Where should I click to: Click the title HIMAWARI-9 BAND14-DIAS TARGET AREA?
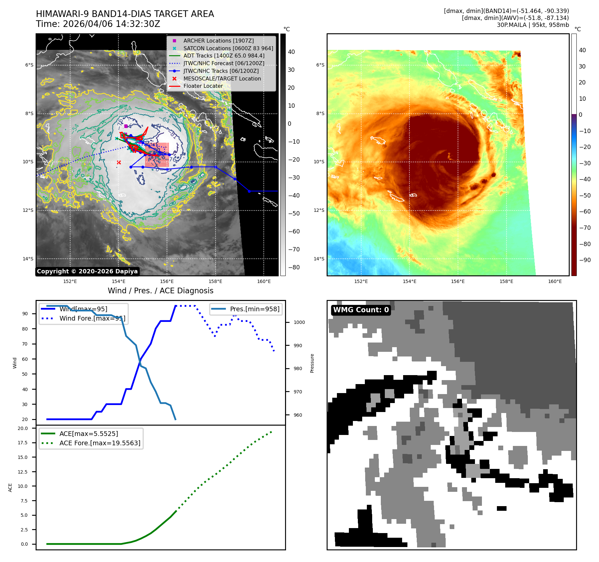(x=125, y=14)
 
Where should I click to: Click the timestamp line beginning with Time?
(x=98, y=24)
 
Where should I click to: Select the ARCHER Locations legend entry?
(x=218, y=41)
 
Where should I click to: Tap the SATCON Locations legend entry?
(x=228, y=48)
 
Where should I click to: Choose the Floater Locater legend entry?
(x=203, y=86)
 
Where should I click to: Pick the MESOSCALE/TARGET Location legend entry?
(x=222, y=78)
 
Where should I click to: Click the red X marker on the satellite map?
(x=119, y=162)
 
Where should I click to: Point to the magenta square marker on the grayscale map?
(x=126, y=126)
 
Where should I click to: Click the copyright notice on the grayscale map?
(x=87, y=271)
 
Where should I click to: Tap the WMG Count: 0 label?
(x=361, y=310)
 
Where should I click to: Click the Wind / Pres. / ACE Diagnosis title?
(x=161, y=291)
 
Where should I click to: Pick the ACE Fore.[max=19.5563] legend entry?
(x=100, y=443)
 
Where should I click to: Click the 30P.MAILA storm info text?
(x=533, y=25)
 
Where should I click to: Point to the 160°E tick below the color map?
(x=555, y=281)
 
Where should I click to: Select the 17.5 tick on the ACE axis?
(x=23, y=443)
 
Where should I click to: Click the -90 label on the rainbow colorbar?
(x=585, y=260)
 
